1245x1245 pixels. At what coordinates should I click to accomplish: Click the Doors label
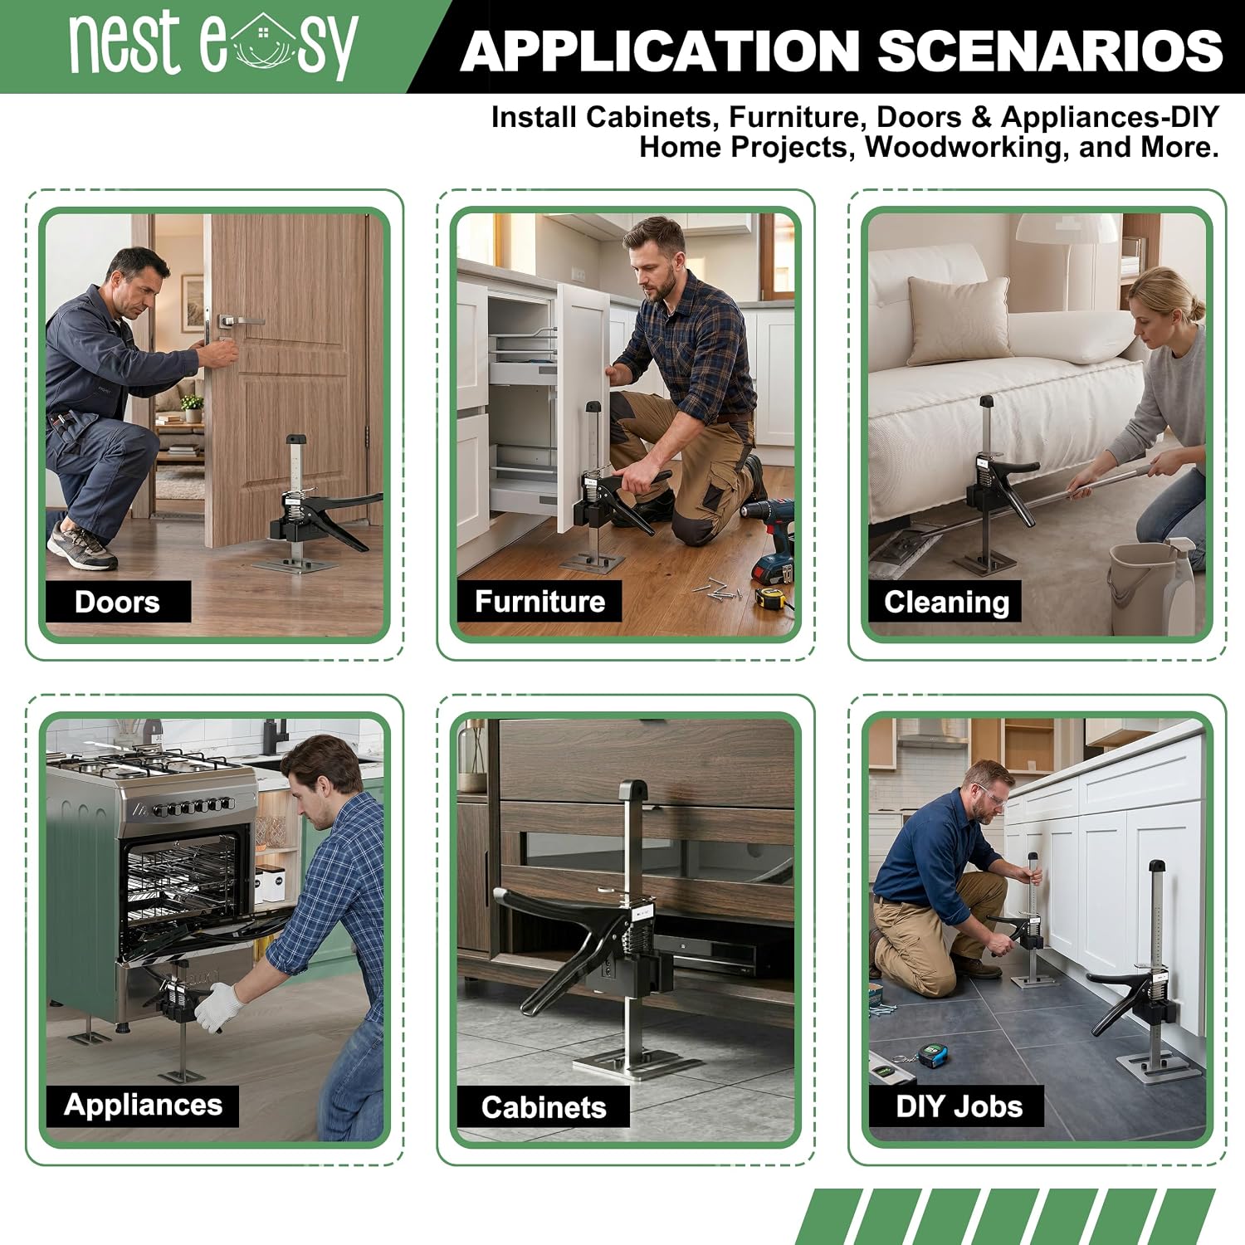tap(117, 602)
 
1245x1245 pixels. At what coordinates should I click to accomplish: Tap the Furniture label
tap(539, 602)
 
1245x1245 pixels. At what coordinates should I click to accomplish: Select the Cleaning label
tap(946, 602)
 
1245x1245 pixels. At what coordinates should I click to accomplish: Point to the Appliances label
tap(143, 1105)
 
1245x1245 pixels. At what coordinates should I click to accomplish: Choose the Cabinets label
tap(544, 1106)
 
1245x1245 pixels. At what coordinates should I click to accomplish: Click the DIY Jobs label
tap(959, 1106)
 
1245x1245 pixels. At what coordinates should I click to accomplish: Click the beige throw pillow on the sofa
tap(960, 320)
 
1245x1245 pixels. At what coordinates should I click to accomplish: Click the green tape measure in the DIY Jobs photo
tap(928, 1055)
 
